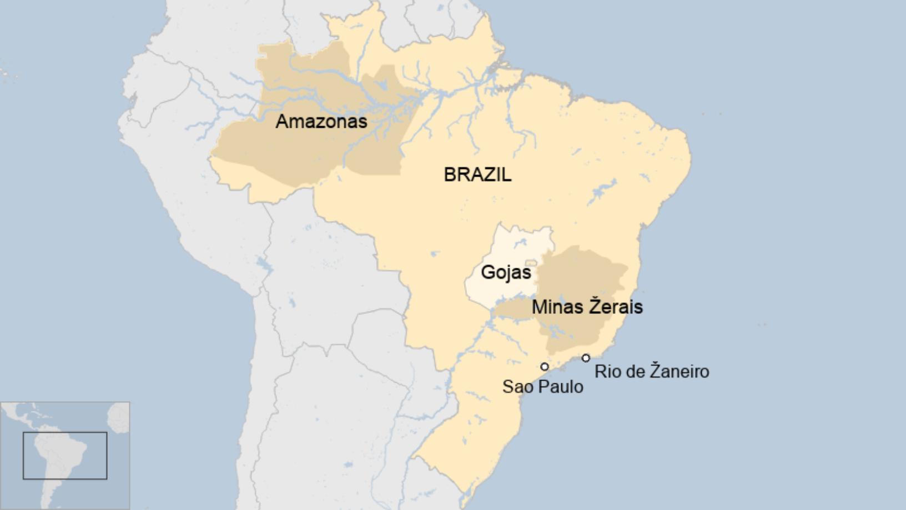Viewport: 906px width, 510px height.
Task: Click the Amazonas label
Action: (x=321, y=122)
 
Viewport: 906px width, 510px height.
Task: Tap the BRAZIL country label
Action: (x=477, y=174)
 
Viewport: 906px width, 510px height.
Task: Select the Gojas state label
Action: (x=506, y=273)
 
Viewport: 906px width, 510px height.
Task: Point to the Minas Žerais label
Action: (x=587, y=307)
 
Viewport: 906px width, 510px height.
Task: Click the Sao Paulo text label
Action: (x=542, y=387)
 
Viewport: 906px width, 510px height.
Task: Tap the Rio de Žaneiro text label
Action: (x=652, y=371)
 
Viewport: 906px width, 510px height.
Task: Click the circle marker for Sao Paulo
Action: (x=545, y=367)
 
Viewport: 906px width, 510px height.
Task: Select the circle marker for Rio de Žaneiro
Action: (x=586, y=358)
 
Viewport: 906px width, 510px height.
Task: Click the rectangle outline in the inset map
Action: (x=65, y=432)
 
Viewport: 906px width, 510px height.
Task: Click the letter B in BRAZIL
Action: (x=449, y=174)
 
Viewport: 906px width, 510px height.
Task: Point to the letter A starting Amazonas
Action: (x=282, y=122)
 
